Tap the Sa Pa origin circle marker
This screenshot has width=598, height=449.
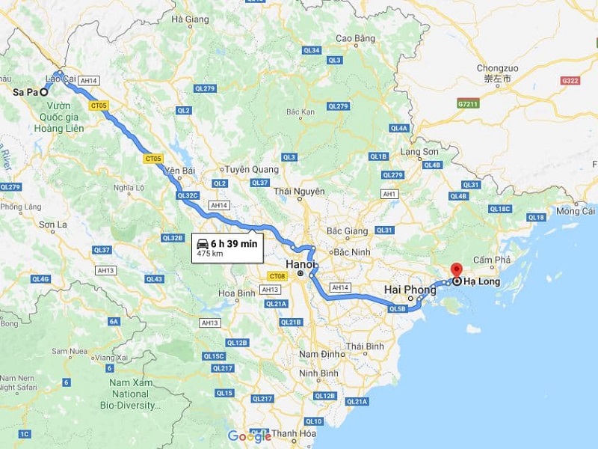44,92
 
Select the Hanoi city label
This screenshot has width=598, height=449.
301,263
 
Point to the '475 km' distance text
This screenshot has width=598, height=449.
211,254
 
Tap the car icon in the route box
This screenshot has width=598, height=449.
202,242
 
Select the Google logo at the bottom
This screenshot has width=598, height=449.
250,436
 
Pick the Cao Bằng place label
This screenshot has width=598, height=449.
354,37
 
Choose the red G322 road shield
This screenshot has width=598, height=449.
570,79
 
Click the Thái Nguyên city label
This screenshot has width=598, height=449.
299,192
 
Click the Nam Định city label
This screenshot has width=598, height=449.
321,353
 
